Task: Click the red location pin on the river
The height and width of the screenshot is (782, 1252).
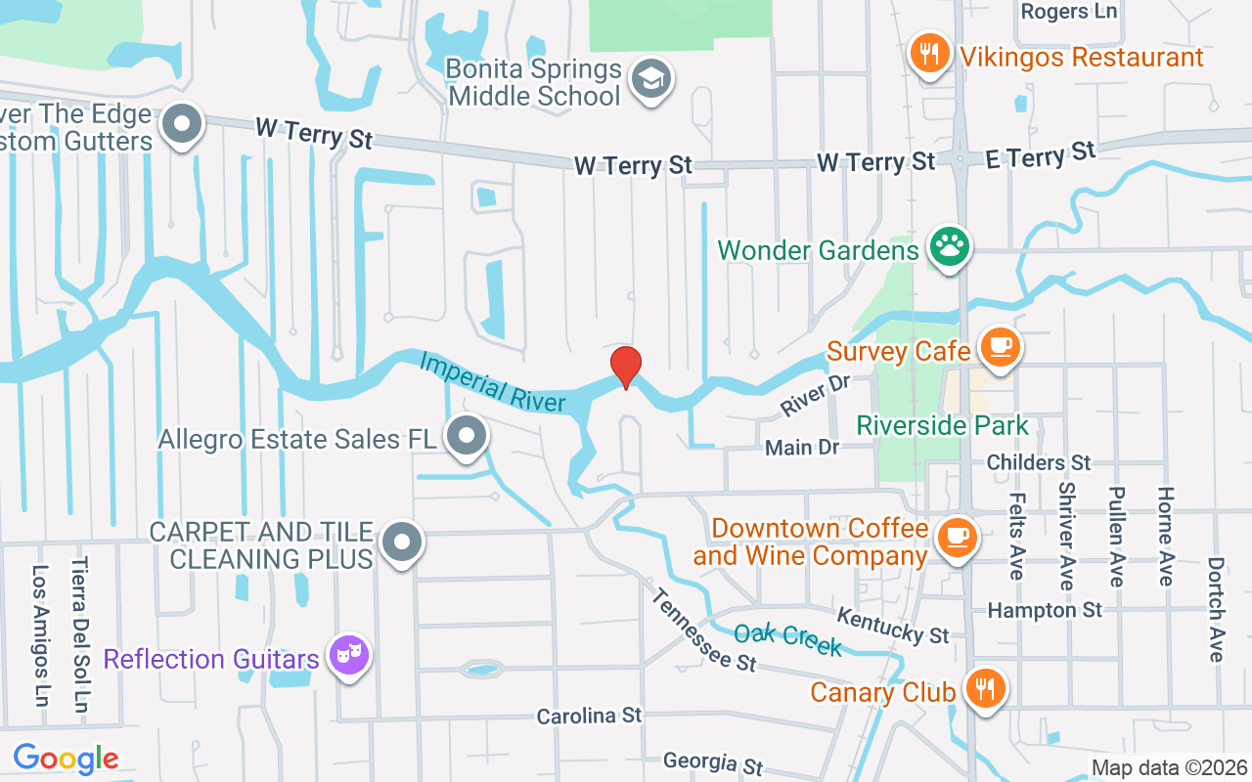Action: tap(626, 368)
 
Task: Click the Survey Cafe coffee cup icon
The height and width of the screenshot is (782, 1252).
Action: tap(999, 346)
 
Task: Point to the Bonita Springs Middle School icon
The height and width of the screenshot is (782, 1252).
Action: tap(650, 79)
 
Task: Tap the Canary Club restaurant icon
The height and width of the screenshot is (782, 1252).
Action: tap(985, 688)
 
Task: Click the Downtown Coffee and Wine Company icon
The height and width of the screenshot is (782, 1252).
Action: tap(956, 538)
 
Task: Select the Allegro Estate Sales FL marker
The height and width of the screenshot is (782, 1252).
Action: tap(466, 436)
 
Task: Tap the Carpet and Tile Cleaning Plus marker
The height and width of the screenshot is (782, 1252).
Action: tap(401, 542)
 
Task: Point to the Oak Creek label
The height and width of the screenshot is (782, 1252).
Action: tap(787, 639)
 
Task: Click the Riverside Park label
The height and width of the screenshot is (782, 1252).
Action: tap(943, 425)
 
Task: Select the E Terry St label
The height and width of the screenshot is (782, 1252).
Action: tap(1041, 154)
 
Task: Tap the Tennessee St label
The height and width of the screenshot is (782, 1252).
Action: tap(703, 629)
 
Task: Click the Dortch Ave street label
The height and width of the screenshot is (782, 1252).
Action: tap(1216, 609)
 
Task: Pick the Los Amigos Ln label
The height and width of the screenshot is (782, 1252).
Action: tap(41, 635)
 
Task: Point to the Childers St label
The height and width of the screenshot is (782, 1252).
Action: tap(1039, 461)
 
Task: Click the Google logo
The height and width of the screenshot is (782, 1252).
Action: tap(66, 758)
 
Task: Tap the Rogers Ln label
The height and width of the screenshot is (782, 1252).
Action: tap(1067, 12)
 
